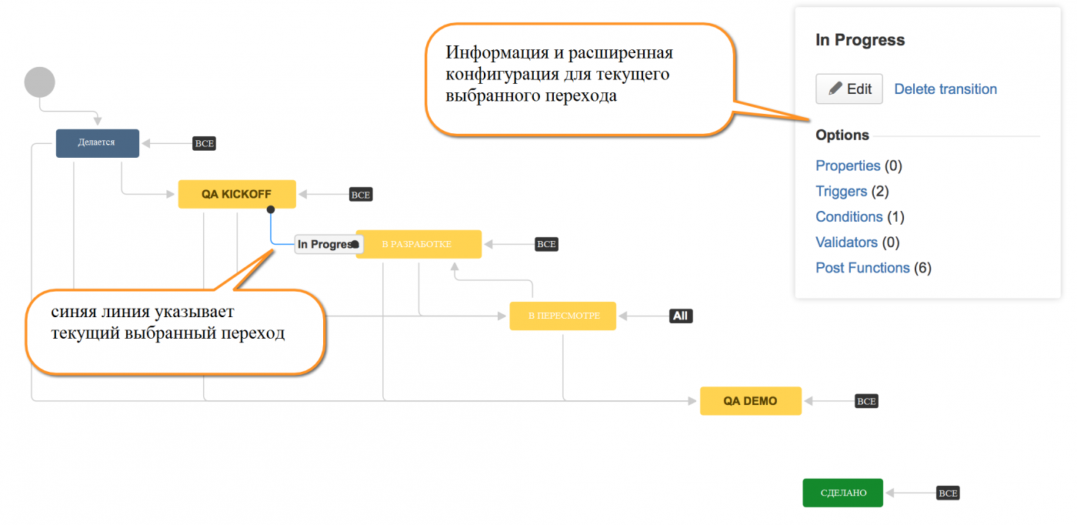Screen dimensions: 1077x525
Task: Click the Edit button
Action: [x=849, y=89]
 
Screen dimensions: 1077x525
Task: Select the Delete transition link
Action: [x=945, y=89]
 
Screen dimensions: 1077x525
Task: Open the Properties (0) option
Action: [x=859, y=166]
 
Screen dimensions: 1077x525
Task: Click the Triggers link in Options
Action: [x=842, y=191]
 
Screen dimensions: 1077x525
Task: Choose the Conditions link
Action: [x=849, y=216]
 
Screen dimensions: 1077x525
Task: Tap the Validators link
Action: [x=847, y=242]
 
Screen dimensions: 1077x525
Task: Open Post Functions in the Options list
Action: [x=862, y=268]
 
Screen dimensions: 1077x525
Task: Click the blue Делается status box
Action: [x=98, y=143]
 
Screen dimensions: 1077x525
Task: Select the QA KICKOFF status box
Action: [x=237, y=194]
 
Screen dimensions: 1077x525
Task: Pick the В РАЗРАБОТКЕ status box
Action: [x=418, y=244]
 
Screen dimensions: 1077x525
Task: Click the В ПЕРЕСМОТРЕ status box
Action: [x=563, y=316]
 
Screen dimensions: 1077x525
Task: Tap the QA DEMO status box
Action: [x=751, y=401]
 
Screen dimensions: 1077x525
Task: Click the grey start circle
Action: [x=40, y=82]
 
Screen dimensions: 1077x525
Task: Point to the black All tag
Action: [x=681, y=316]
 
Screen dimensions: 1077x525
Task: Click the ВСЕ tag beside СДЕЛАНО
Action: [x=948, y=493]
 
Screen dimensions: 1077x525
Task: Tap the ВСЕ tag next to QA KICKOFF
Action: [x=361, y=195]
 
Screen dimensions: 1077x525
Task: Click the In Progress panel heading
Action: [x=860, y=40]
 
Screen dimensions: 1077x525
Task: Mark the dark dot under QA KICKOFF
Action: [x=271, y=210]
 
